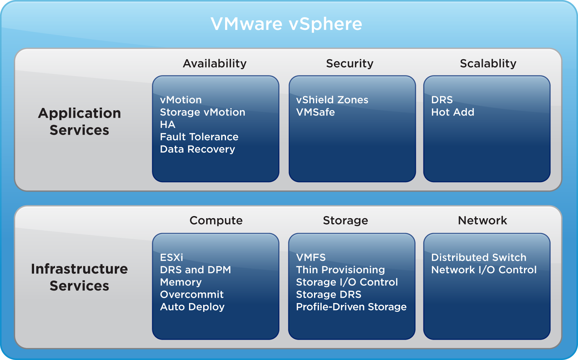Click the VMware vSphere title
(286, 24)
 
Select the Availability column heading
(215, 63)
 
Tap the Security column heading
(349, 63)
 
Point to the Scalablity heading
(488, 63)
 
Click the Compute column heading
(216, 220)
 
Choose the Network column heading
(482, 220)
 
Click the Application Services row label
(79, 122)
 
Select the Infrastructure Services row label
(79, 277)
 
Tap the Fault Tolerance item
(199, 137)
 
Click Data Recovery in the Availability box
(197, 149)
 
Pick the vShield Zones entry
(332, 100)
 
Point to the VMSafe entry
(315, 112)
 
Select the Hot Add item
(453, 112)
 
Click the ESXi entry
(172, 258)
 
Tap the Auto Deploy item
(192, 307)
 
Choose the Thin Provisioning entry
(340, 270)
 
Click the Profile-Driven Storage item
(351, 307)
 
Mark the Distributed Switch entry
(479, 258)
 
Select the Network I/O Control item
(484, 270)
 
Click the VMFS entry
(311, 258)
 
